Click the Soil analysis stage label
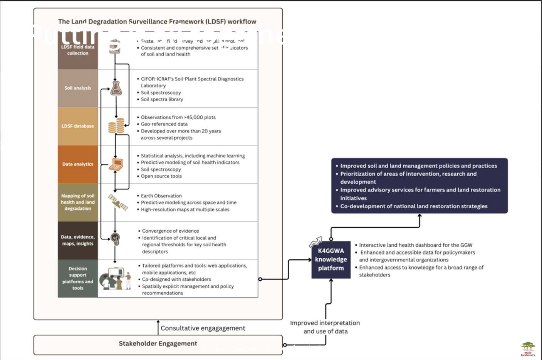tap(78, 88)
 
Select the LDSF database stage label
tap(78, 126)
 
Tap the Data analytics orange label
tap(78, 164)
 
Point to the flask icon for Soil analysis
tap(116, 88)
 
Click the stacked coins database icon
tap(116, 126)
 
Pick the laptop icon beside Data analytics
tap(116, 164)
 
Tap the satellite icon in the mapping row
tap(118, 203)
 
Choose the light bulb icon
tap(115, 239)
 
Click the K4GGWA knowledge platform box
tap(331, 260)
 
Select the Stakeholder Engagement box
tap(158, 344)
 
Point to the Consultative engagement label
tap(203, 328)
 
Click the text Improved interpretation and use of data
tap(326, 327)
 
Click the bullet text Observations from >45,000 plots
tap(178, 117)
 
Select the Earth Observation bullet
tap(161, 196)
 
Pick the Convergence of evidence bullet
tap(170, 231)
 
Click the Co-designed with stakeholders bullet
tap(176, 280)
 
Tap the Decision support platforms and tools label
tap(78, 278)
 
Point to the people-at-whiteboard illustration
tap(116, 278)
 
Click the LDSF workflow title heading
tap(157, 22)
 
